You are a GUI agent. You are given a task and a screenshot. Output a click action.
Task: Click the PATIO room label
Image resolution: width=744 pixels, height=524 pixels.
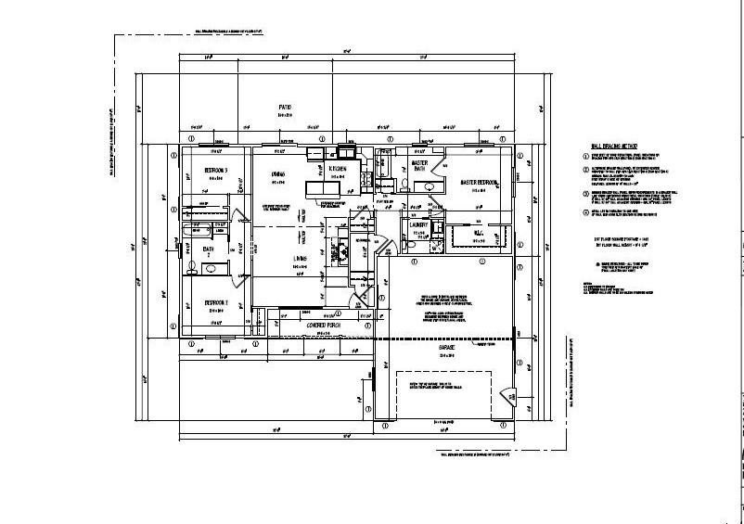pyautogui.click(x=286, y=109)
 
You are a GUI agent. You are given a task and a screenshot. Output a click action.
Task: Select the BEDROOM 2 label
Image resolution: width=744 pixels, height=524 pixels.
pyautogui.click(x=221, y=303)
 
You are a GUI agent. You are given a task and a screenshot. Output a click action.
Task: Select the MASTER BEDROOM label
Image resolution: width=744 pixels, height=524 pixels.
pyautogui.click(x=480, y=183)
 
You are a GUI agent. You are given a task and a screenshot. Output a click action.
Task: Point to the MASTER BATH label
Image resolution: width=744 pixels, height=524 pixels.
pyautogui.click(x=419, y=165)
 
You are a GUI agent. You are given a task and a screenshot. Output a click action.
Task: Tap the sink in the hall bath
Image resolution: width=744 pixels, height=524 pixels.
pyautogui.click(x=212, y=268)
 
